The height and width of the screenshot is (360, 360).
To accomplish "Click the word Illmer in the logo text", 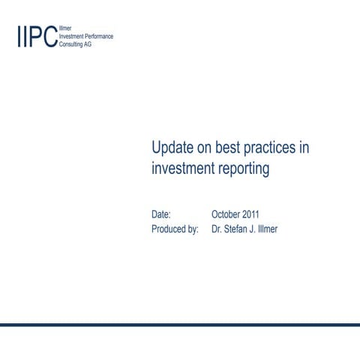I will coord(64,28).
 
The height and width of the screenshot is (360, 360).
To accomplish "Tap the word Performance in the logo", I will coord(98,36).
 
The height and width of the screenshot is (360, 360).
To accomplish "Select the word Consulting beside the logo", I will coord(72,44).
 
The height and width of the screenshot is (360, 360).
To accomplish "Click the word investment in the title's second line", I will coord(183,169).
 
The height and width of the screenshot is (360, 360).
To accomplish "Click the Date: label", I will coord(161,214).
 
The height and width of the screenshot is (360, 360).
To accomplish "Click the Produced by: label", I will coord(175,229).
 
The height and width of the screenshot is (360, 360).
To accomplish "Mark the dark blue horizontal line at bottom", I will coord(180,325).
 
